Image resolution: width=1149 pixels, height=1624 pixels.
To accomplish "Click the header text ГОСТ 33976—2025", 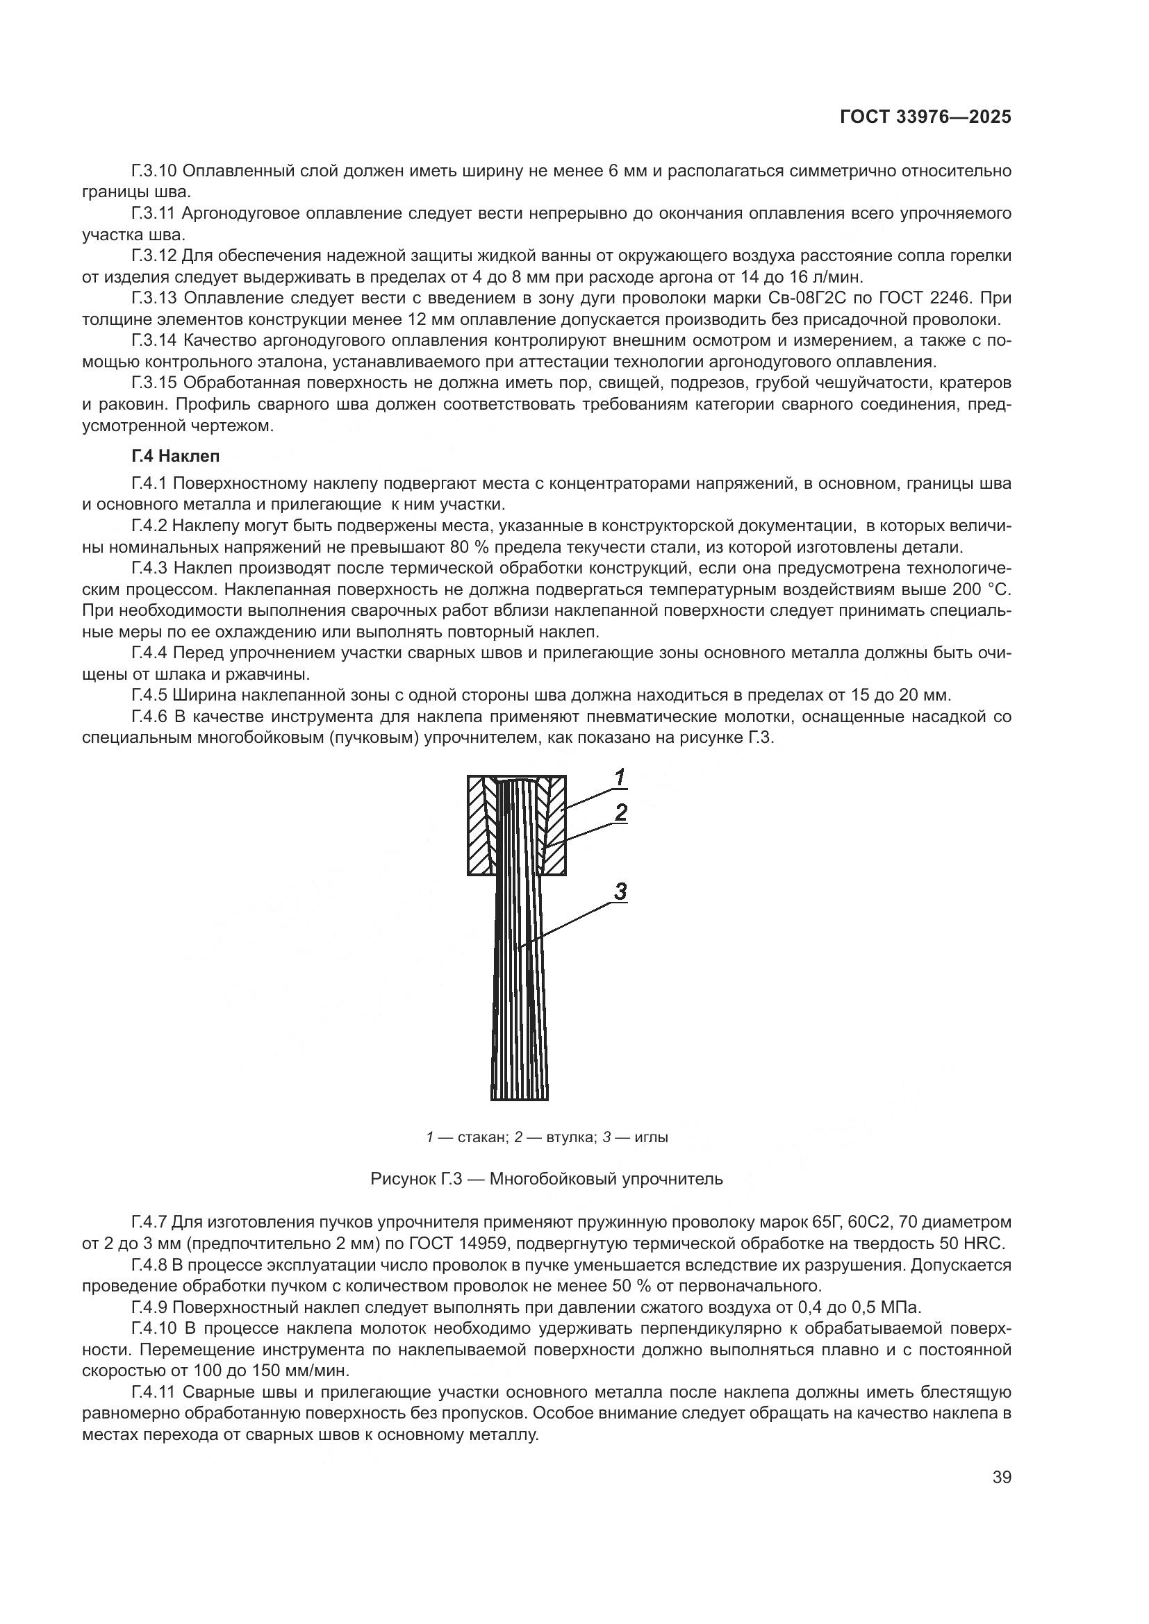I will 925,117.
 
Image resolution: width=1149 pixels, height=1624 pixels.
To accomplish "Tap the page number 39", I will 1001,1477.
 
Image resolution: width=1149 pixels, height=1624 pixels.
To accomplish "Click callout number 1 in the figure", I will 619,779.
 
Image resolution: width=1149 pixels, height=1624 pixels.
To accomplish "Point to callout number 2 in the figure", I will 620,813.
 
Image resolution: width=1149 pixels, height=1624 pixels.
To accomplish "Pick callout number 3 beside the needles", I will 620,892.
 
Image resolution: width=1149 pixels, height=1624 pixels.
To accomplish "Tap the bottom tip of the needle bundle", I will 520,1097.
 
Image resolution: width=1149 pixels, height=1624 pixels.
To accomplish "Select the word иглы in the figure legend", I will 651,1137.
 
